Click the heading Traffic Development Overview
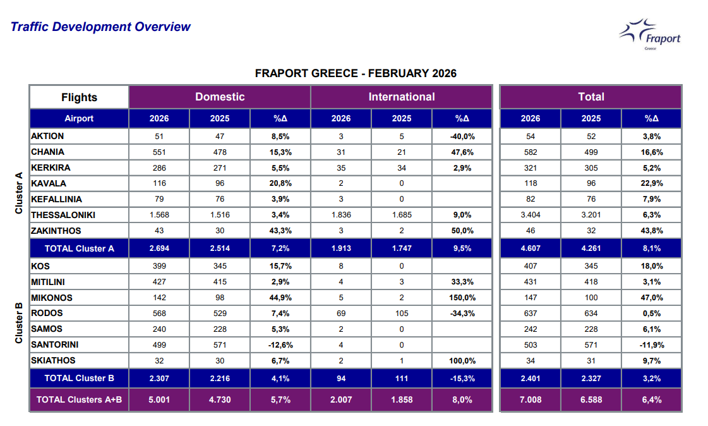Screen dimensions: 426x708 point(100,27)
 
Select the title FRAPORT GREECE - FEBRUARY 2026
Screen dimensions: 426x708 point(356,73)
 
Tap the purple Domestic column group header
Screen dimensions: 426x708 point(220,97)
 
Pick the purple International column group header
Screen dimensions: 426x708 point(402,97)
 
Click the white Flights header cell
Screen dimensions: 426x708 point(80,97)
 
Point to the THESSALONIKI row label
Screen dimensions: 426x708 point(65,215)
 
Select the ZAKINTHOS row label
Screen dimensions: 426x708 point(56,231)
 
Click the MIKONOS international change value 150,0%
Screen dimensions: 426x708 point(462,298)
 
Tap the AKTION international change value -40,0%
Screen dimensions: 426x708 point(462,136)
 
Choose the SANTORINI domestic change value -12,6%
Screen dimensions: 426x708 point(280,345)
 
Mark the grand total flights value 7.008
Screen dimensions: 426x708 point(531,399)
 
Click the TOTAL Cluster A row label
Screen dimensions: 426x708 point(80,248)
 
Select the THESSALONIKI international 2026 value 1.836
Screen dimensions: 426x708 point(341,215)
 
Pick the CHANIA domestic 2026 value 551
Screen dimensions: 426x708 point(159,152)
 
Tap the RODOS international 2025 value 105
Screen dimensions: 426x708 point(402,313)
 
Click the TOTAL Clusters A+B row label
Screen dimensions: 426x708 point(80,399)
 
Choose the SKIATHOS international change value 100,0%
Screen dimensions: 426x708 point(462,361)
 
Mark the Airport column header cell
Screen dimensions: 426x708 point(80,118)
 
